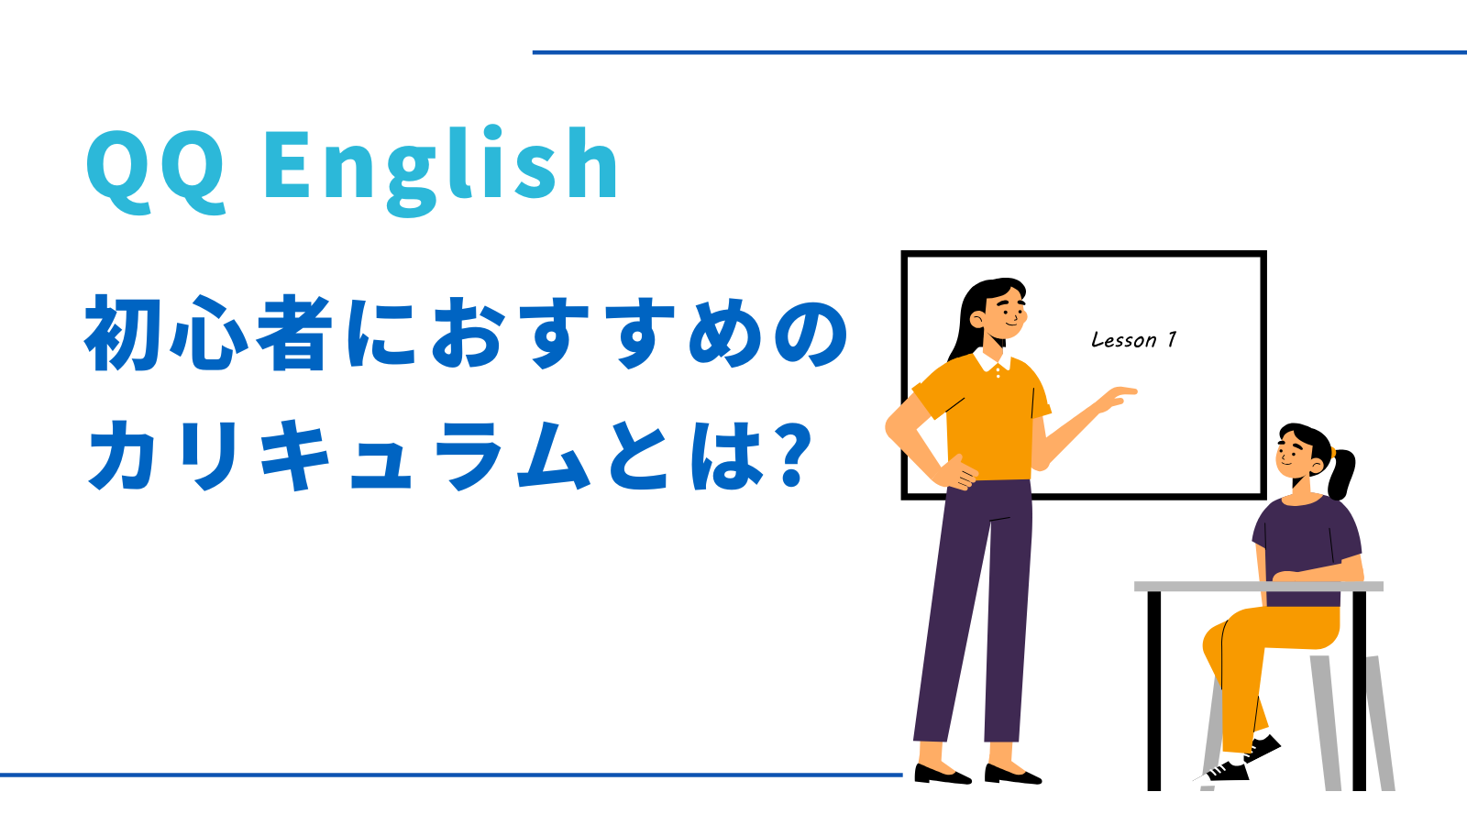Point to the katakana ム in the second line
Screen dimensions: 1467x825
click(554, 455)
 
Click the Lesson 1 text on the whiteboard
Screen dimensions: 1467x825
click(1133, 340)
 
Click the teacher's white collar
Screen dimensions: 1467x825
click(992, 361)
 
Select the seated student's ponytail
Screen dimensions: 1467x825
click(1340, 473)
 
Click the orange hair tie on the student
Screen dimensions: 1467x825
click(1331, 452)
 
